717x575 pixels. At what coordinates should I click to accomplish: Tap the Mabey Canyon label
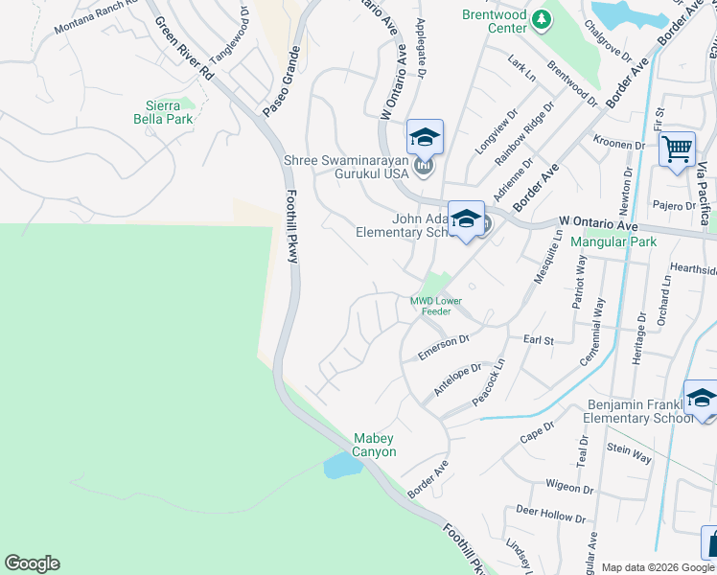click(375, 445)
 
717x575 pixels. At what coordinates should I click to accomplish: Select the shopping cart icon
click(677, 149)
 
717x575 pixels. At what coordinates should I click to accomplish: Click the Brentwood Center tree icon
click(542, 19)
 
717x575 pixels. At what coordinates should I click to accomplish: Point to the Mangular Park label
click(613, 241)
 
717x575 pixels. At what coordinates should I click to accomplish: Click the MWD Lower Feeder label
click(436, 306)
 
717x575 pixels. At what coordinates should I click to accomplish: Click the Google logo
click(32, 563)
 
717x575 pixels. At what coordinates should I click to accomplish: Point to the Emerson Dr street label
click(443, 347)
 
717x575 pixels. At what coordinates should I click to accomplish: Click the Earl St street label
click(539, 340)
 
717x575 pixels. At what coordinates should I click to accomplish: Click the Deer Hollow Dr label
click(549, 515)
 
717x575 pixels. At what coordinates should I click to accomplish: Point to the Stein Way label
click(629, 453)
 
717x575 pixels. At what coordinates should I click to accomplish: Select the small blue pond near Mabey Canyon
click(342, 467)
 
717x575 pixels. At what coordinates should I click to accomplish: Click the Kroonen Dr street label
click(618, 144)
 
